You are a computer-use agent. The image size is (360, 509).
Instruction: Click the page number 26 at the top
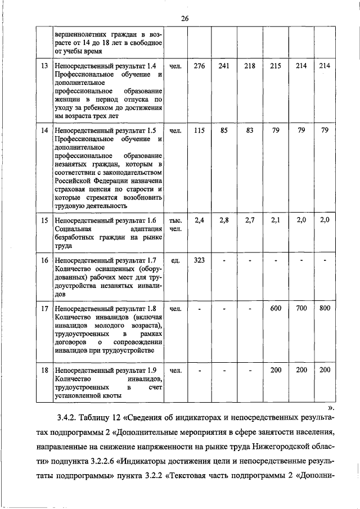(x=184, y=19)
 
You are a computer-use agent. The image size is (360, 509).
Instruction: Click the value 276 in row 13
(x=199, y=66)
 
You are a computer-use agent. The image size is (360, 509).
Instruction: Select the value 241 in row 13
(x=224, y=66)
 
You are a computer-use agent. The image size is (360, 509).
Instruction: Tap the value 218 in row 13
(x=250, y=66)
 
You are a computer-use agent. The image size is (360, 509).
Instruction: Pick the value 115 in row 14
(x=199, y=130)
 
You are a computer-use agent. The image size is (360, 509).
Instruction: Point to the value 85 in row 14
(x=224, y=130)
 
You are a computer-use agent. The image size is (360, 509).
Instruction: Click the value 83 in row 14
(x=250, y=130)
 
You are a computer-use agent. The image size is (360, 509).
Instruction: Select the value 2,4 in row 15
(x=199, y=220)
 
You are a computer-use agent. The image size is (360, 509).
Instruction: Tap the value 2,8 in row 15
(x=224, y=220)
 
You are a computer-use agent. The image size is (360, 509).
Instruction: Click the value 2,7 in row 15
(x=250, y=220)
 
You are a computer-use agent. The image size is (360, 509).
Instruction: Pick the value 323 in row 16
(x=199, y=260)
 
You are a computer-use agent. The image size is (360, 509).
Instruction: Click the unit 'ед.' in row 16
(x=175, y=260)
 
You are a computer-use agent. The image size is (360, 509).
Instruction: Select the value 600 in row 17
(x=276, y=308)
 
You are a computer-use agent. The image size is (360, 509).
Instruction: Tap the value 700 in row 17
(x=301, y=308)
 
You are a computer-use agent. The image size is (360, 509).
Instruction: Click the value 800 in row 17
(x=325, y=308)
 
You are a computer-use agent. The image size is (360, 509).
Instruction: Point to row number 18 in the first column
(x=44, y=370)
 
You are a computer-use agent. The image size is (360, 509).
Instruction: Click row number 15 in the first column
(x=44, y=220)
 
